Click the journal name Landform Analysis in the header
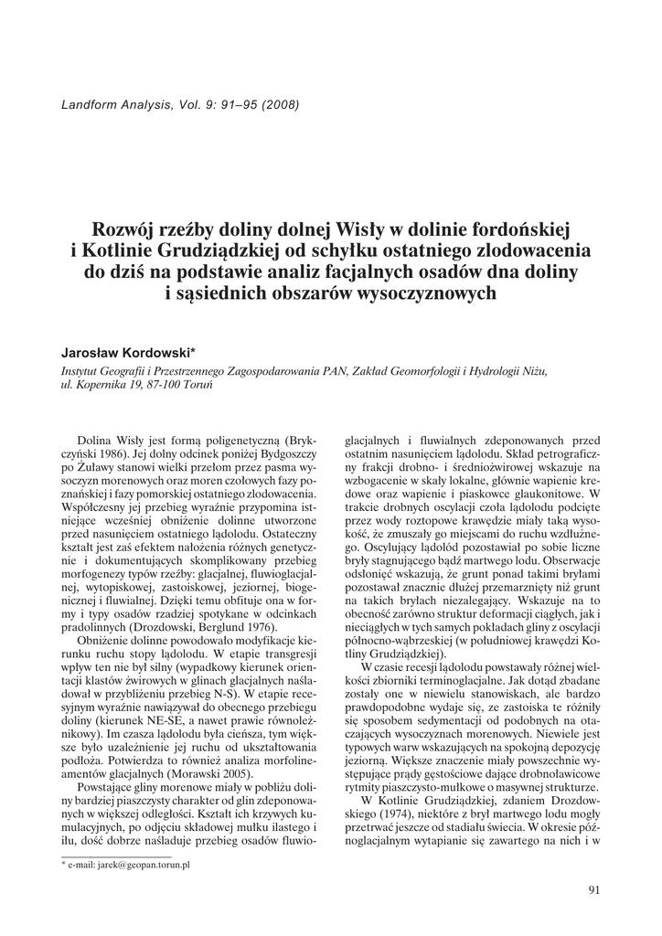pyautogui.click(x=113, y=103)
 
